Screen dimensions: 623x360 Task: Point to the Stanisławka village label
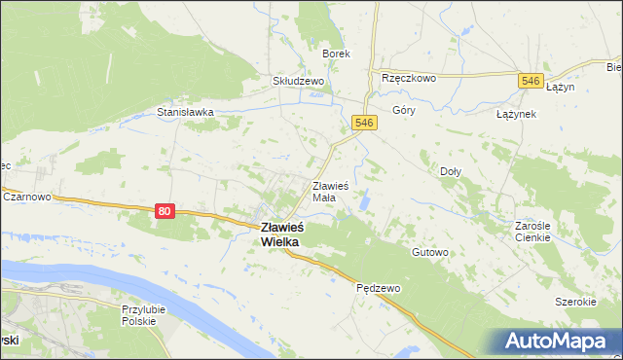coord(185,112)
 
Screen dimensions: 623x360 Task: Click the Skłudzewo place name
coord(298,83)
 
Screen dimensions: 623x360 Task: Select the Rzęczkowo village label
coord(409,79)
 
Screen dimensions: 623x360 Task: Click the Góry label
coord(403,111)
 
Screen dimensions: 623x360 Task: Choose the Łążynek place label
coord(516,114)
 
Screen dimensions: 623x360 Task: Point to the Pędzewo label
coord(374,288)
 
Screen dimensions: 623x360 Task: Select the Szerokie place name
coord(575,302)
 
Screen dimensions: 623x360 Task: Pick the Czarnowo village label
coord(27,196)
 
